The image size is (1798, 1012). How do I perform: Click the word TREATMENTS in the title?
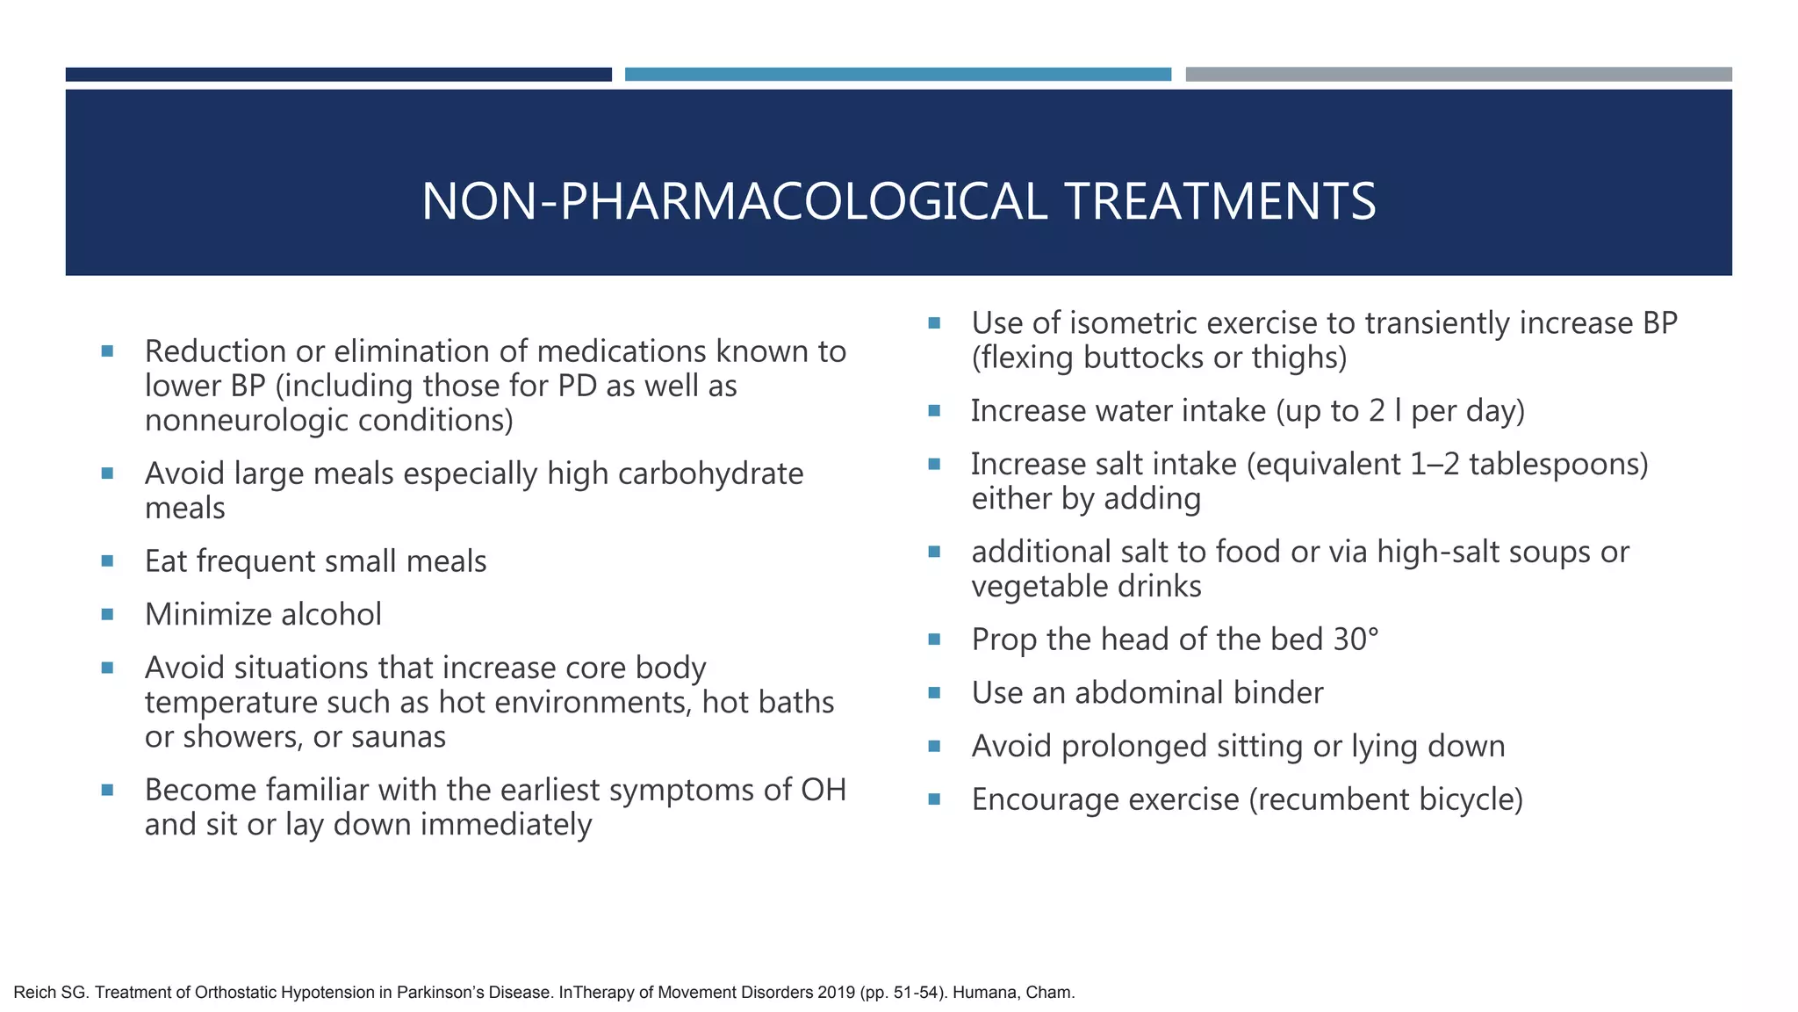[x=1220, y=201]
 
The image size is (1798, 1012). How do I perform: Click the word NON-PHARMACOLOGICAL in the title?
[x=734, y=201]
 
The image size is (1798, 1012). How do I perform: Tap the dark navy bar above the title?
[x=338, y=75]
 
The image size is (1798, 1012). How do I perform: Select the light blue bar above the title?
[x=897, y=75]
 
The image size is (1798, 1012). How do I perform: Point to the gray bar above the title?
[x=1458, y=75]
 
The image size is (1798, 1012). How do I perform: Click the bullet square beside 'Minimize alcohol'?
[x=107, y=615]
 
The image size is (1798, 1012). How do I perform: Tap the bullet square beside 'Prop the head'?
[x=934, y=640]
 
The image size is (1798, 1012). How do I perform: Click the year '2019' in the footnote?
[x=837, y=993]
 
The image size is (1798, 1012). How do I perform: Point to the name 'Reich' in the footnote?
[x=34, y=993]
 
